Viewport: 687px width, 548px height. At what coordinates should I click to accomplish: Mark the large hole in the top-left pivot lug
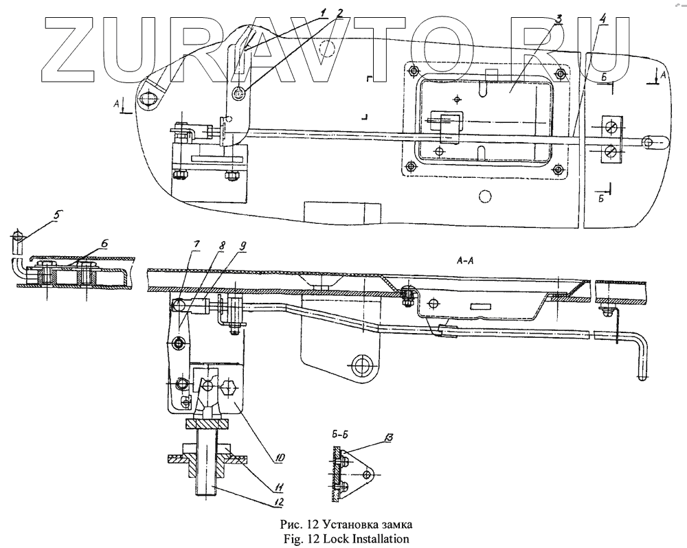148,100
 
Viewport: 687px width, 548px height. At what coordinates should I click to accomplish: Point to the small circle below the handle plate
485,198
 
